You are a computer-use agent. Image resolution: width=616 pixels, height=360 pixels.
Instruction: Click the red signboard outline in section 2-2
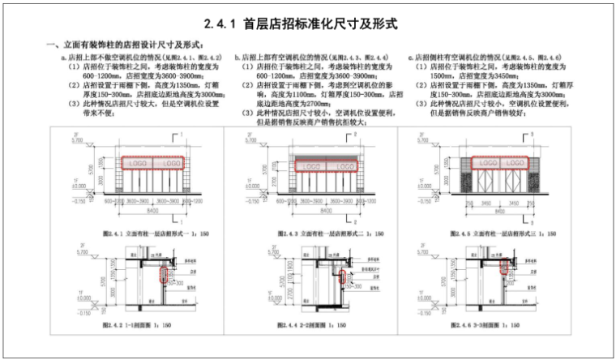click(341, 280)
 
